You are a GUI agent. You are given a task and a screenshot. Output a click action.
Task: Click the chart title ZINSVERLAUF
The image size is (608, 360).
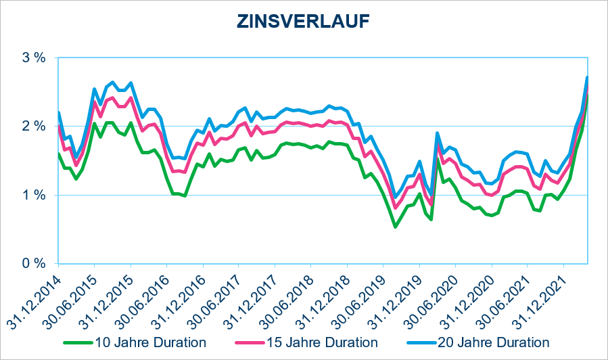pyautogui.click(x=303, y=22)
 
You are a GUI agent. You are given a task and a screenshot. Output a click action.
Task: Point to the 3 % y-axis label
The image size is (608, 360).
pyautogui.click(x=34, y=58)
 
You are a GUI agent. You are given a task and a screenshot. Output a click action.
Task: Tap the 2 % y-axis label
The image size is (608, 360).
pyautogui.click(x=34, y=127)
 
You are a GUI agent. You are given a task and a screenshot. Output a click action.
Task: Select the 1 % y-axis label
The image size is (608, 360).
pyautogui.click(x=34, y=195)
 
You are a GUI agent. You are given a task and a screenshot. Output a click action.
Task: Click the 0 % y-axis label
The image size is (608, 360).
pyautogui.click(x=34, y=264)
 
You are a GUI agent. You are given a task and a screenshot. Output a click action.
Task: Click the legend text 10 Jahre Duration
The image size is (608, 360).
pyautogui.click(x=151, y=342)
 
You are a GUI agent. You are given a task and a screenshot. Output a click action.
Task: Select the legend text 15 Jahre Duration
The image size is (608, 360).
pyautogui.click(x=322, y=342)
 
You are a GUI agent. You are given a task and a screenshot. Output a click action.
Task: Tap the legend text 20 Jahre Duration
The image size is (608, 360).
pyautogui.click(x=494, y=342)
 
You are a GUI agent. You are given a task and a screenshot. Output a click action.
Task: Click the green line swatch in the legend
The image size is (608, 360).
pyautogui.click(x=78, y=343)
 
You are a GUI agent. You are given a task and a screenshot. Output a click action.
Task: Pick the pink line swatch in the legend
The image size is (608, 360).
pyautogui.click(x=250, y=343)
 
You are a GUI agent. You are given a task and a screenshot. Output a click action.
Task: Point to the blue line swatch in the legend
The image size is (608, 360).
pyautogui.click(x=421, y=343)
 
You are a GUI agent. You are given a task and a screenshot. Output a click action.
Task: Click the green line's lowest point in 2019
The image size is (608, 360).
pyautogui.click(x=395, y=227)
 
